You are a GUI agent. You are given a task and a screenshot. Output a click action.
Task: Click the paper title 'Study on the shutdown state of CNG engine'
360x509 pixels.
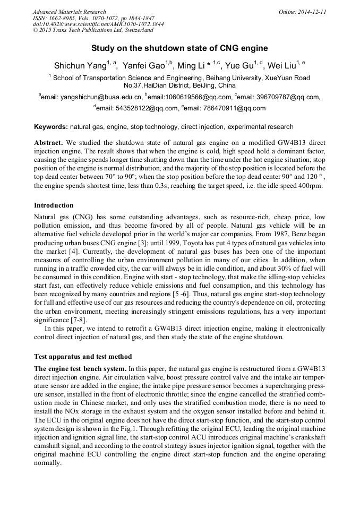(179, 48)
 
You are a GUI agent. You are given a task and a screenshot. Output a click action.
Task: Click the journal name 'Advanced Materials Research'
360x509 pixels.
(69, 12)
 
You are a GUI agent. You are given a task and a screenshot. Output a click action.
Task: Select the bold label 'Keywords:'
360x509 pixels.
(51, 127)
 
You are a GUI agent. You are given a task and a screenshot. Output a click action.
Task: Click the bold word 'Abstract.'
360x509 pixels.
(49, 143)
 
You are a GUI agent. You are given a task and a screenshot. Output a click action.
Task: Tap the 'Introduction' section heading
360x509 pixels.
(54, 205)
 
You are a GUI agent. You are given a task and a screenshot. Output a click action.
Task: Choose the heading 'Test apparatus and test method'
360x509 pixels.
(83, 356)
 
